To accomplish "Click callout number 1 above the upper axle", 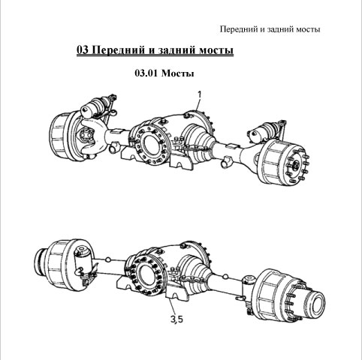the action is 200,94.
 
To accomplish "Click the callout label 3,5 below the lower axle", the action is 176,319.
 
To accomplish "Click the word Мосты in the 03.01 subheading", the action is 178,73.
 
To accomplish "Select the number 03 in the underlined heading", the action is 83,49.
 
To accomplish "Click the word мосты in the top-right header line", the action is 308,29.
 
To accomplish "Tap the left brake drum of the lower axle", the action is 60,265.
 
